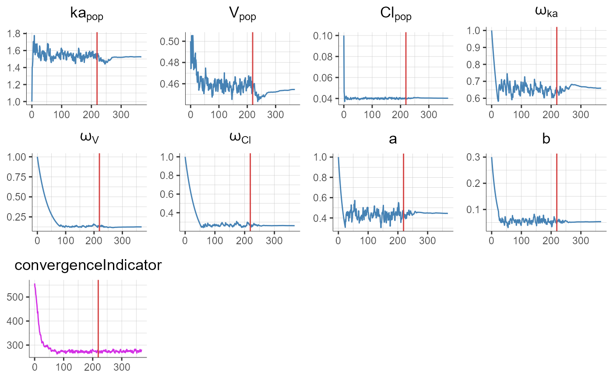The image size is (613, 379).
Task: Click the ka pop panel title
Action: (87, 15)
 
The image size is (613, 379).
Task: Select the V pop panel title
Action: (242, 15)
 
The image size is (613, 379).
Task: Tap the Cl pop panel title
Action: (396, 15)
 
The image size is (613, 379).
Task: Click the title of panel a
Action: (393, 139)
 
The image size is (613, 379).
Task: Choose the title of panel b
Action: (546, 138)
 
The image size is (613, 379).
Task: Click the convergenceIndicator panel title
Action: (83, 265)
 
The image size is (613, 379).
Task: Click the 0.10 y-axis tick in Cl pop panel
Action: (323, 35)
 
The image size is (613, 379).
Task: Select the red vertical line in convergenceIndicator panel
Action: (98, 315)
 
